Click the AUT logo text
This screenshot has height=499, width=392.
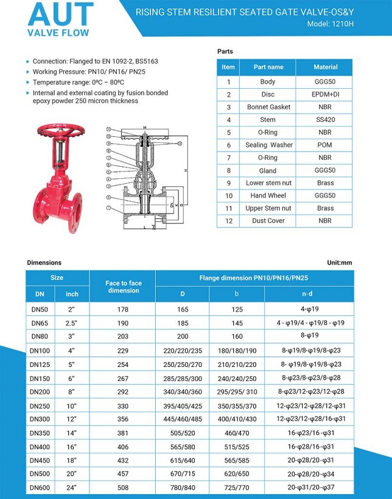(x=60, y=15)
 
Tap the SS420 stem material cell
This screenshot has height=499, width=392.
(x=325, y=120)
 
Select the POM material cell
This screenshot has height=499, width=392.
(x=325, y=145)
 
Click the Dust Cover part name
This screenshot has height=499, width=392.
(x=268, y=221)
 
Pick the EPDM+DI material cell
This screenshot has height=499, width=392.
(x=325, y=94)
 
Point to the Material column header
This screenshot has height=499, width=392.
(x=325, y=67)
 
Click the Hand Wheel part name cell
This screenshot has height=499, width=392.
(x=268, y=195)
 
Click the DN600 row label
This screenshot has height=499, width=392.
(x=41, y=488)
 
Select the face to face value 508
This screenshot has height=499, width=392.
(x=122, y=488)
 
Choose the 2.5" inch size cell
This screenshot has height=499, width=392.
(x=72, y=322)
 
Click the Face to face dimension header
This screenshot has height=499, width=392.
(x=123, y=287)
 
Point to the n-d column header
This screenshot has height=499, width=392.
(x=309, y=294)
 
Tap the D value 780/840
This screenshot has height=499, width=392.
(x=183, y=488)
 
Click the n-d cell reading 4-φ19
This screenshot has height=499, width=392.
(x=309, y=309)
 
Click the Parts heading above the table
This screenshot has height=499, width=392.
(x=225, y=51)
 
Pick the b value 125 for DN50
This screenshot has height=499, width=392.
(x=236, y=309)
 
